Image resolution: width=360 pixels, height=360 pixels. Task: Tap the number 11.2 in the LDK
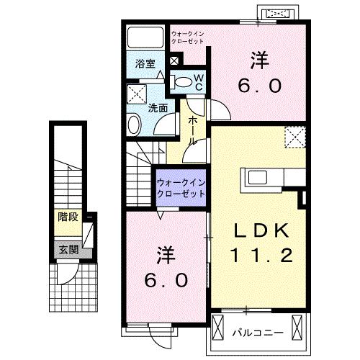click(261, 254)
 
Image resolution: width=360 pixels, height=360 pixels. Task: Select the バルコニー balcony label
click(257, 332)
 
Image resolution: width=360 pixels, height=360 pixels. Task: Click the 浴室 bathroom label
click(145, 63)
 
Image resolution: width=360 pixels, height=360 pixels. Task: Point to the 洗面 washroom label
click(158, 108)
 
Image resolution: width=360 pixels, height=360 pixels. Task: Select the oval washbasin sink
click(135, 125)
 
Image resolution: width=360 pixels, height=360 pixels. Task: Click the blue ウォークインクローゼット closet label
click(180, 189)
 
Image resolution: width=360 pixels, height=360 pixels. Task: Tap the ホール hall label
click(192, 130)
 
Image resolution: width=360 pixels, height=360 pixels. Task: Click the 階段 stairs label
click(68, 216)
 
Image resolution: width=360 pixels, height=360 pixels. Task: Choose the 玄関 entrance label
click(68, 251)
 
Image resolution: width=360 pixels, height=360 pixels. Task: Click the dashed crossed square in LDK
click(294, 136)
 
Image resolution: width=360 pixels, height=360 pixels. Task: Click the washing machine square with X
click(135, 93)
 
